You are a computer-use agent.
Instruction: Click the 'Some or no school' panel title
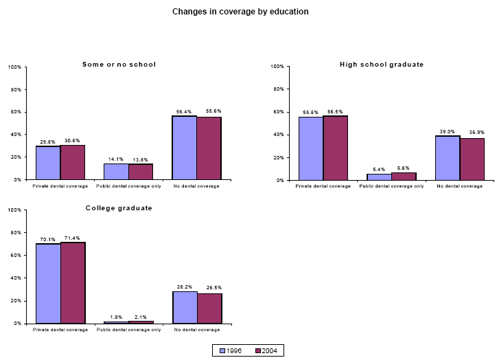pyautogui.click(x=119, y=64)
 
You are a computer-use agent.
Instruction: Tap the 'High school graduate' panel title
pyautogui.click(x=382, y=64)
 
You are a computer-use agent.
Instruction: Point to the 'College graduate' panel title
pyautogui.click(x=119, y=207)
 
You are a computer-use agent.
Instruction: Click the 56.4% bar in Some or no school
pyautogui.click(x=185, y=148)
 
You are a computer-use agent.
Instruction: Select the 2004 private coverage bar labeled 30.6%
pyautogui.click(x=73, y=162)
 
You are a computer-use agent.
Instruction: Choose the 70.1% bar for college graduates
pyautogui.click(x=48, y=283)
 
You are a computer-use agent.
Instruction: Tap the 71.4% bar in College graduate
pyautogui.click(x=73, y=282)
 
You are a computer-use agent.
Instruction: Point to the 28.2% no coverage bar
pyautogui.click(x=185, y=307)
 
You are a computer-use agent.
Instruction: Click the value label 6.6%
pyautogui.click(x=404, y=168)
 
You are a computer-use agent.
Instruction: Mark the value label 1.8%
pyautogui.click(x=116, y=317)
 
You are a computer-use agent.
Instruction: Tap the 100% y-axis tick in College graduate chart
pyautogui.click(x=14, y=210)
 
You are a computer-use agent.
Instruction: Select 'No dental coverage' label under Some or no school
pyautogui.click(x=197, y=185)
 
